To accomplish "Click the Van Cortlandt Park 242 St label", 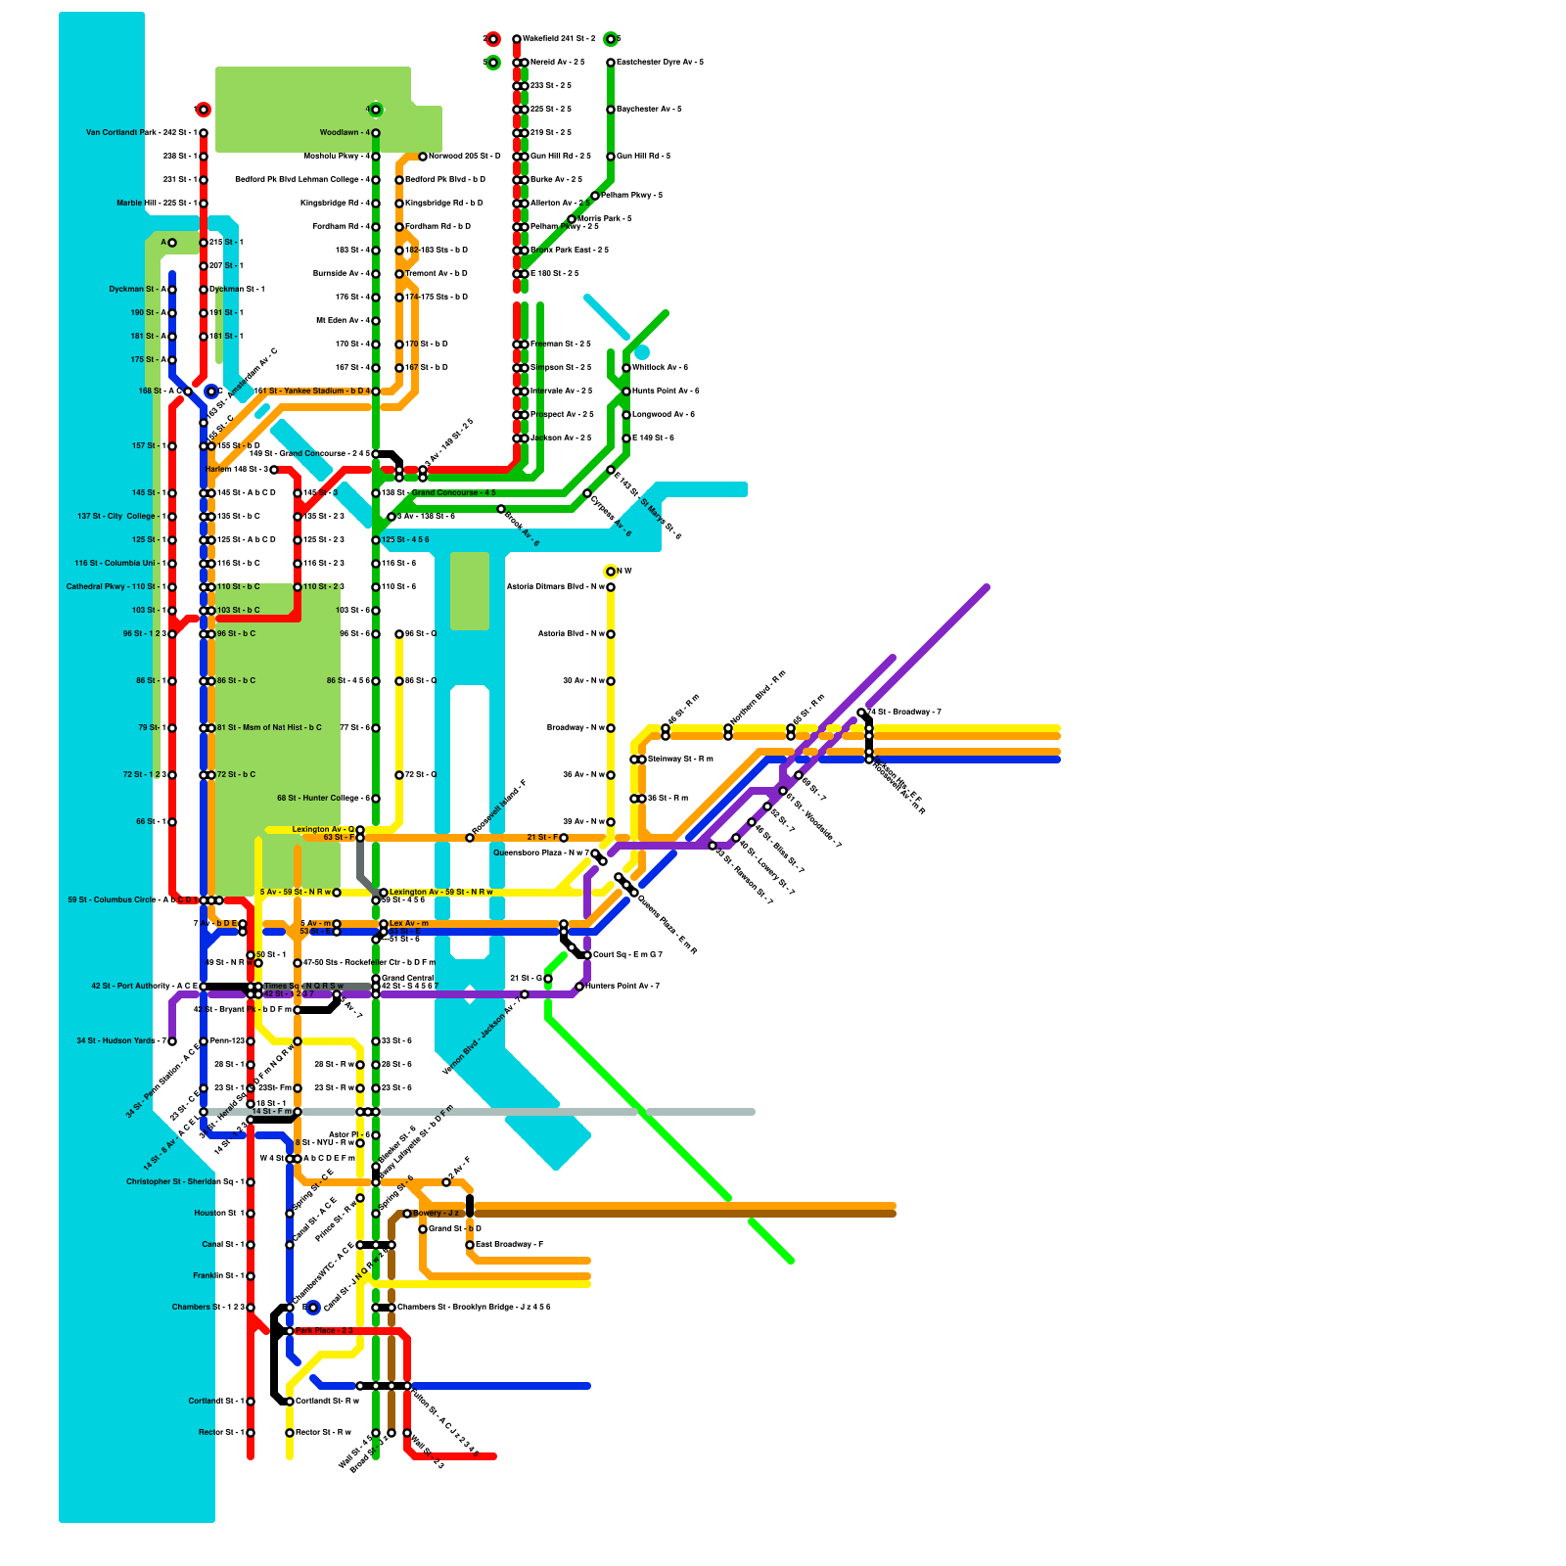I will point(141,133).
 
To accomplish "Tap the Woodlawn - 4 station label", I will point(345,133).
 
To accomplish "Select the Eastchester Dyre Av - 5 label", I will point(660,63).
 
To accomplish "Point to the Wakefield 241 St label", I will point(558,39).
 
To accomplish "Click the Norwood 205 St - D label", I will point(464,157).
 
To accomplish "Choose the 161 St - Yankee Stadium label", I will point(311,391).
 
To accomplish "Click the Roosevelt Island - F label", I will point(499,808).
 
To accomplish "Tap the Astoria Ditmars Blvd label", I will point(554,587).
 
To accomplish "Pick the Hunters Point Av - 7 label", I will point(622,987).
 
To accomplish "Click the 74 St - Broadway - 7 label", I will point(904,713).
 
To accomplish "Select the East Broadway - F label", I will point(509,1245).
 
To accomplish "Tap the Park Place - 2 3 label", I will point(323,1331).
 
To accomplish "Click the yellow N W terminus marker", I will point(611,572).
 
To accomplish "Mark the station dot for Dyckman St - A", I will point(172,290).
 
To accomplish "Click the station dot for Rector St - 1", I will point(251,1433).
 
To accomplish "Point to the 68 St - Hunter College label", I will point(323,799).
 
